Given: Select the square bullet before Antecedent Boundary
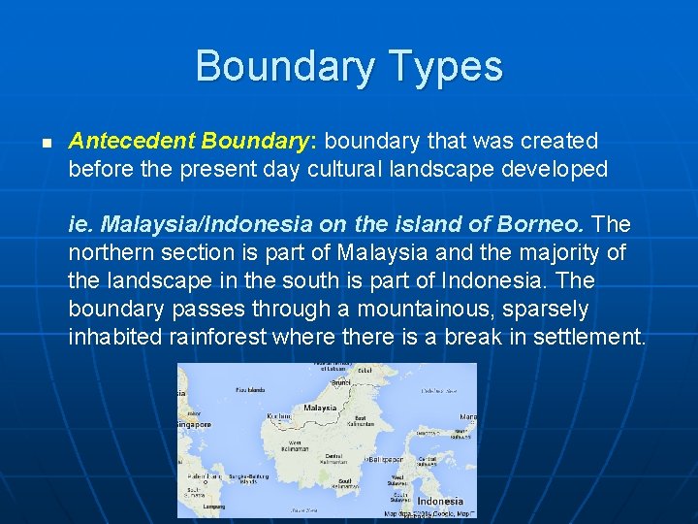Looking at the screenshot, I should [x=46, y=143].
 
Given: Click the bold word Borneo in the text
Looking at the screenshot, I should [x=540, y=225].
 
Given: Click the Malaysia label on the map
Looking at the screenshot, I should [x=320, y=409].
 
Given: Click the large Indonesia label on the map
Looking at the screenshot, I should [x=439, y=502].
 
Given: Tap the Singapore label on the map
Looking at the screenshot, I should [x=194, y=424].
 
